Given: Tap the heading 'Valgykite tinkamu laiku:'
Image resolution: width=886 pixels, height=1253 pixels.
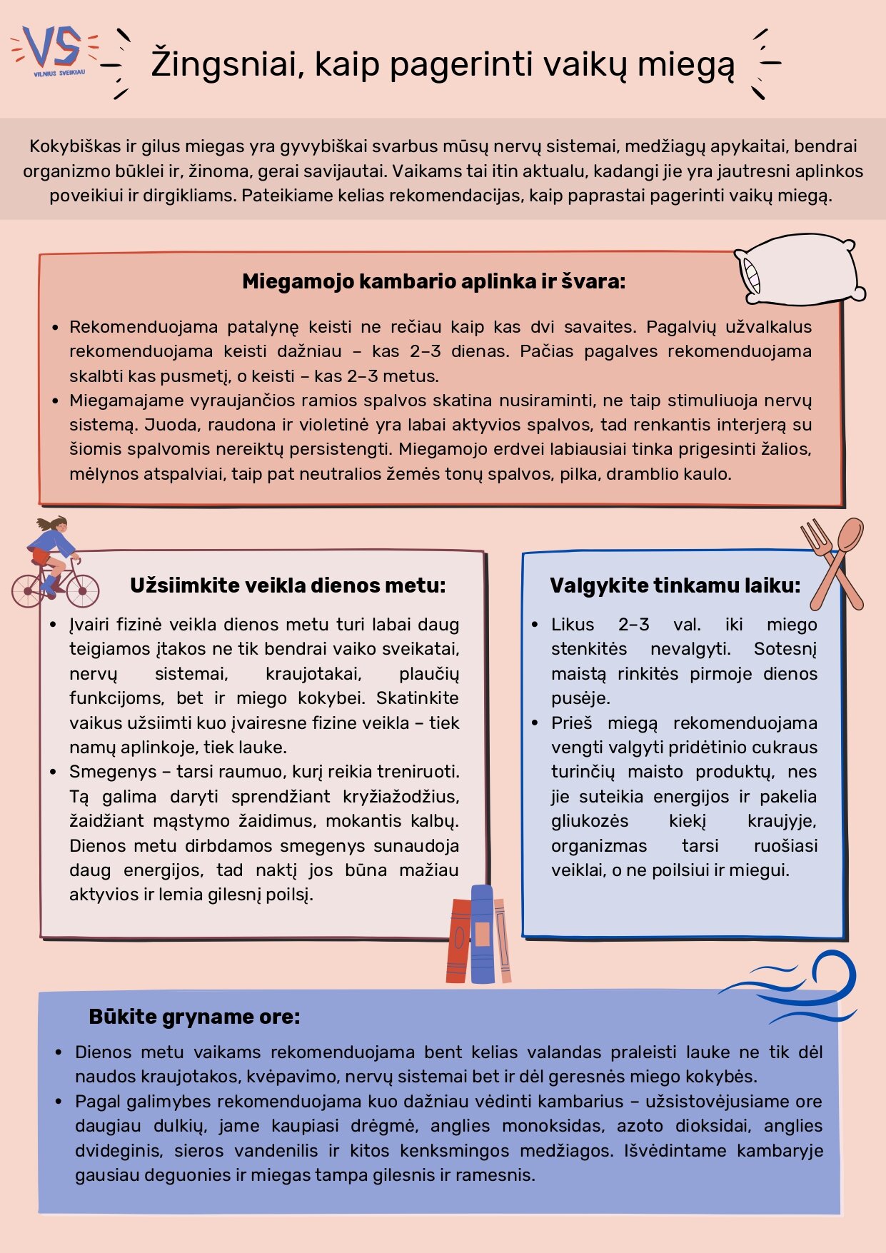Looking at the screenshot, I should (x=675, y=585).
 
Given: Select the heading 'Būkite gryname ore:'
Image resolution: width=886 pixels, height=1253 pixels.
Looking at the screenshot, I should (x=194, y=1017).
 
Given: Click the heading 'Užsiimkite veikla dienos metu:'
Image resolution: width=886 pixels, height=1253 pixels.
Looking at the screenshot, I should (x=288, y=585).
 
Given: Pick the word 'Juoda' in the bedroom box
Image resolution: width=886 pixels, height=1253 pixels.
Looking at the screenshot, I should (x=169, y=425).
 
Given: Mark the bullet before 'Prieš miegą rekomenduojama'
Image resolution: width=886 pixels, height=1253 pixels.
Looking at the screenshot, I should (x=535, y=723).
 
